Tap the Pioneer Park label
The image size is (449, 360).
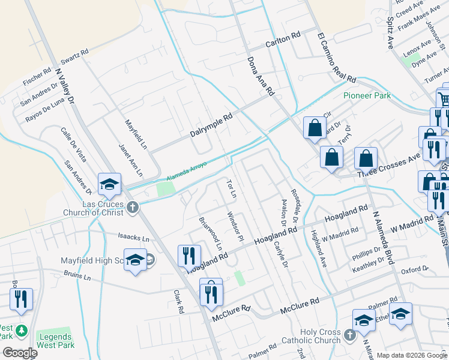[367, 95]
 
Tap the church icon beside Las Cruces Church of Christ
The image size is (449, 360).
[133, 208]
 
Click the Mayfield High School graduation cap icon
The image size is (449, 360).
[135, 260]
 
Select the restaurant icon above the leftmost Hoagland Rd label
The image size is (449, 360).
[190, 256]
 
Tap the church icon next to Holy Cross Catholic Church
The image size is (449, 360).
[351, 336]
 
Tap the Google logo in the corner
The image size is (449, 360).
[20, 353]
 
